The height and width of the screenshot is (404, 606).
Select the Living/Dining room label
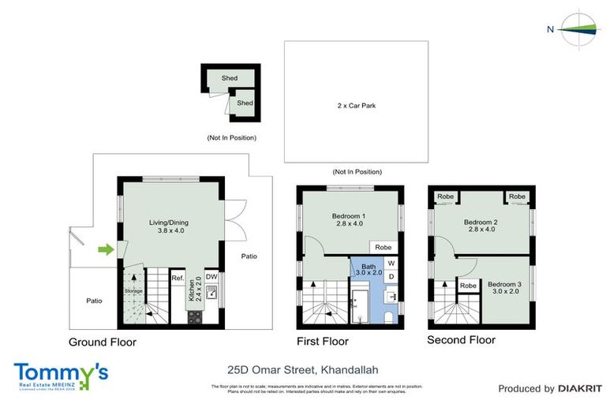(169, 226)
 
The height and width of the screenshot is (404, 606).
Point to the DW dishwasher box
(211, 277)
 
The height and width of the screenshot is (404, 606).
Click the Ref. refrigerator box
(178, 279)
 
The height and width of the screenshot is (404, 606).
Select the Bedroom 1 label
(348, 219)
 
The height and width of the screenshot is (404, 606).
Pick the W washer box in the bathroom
(391, 264)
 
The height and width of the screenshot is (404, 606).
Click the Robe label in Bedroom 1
(383, 247)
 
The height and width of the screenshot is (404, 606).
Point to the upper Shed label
(230, 78)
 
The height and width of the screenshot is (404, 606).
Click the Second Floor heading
(461, 340)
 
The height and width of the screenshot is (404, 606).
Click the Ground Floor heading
(103, 342)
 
